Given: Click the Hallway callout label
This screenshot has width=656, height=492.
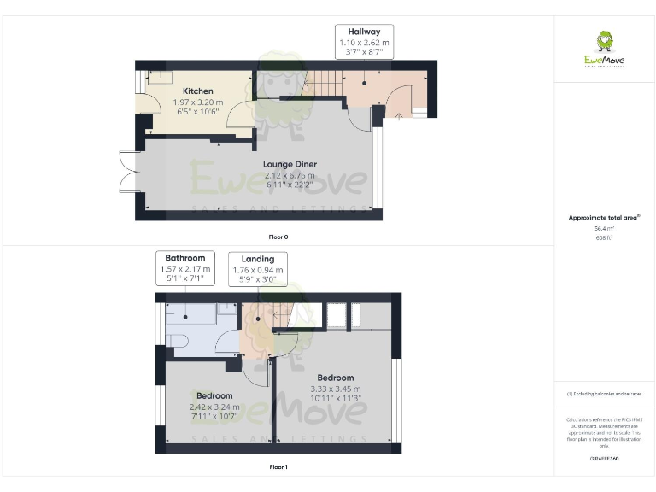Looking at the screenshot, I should click(x=364, y=41).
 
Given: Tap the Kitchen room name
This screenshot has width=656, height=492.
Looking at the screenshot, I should click(x=197, y=91).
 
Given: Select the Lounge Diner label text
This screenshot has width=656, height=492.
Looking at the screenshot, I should click(x=290, y=164).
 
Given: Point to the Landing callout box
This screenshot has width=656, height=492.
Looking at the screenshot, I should click(x=258, y=268).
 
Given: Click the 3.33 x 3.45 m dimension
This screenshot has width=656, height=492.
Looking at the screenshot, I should click(x=335, y=389).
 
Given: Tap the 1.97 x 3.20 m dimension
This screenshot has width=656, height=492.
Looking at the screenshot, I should click(x=197, y=102).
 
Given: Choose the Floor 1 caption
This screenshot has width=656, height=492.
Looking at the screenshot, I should click(x=278, y=467).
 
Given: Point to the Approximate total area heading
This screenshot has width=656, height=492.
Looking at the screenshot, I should click(x=604, y=218).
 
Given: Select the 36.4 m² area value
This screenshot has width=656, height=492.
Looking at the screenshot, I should click(x=604, y=228).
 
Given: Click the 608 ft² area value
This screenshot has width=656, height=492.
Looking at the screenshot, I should click(x=604, y=238).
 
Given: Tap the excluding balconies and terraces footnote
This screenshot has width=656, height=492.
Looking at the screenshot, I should click(x=604, y=393).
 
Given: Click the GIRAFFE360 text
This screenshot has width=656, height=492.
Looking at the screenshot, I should click(x=604, y=459).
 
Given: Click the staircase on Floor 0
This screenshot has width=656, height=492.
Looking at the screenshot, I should click(x=324, y=84).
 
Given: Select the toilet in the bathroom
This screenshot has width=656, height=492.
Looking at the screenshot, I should click(x=178, y=341).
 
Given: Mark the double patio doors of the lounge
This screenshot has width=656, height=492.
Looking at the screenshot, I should click(x=128, y=172).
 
